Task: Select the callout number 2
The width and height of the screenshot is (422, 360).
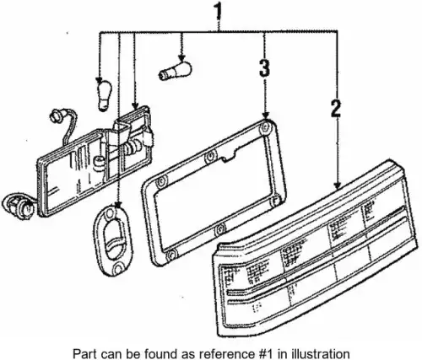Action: tap(336, 108)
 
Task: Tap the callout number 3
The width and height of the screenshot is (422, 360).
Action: tap(264, 67)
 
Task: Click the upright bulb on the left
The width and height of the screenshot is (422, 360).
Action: tap(105, 95)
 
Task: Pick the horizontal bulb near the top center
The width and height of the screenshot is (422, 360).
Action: tap(175, 70)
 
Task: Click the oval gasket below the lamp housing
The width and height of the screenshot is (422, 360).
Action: tap(112, 241)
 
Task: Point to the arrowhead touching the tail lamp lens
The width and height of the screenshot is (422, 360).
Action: tap(338, 185)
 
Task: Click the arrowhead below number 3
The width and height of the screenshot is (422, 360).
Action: tap(265, 115)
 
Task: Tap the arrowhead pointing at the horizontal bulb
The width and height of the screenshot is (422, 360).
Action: tap(182, 58)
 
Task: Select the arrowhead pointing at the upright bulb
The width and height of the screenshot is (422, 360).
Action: tap(99, 79)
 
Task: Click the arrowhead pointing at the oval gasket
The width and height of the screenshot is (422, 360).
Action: tap(118, 204)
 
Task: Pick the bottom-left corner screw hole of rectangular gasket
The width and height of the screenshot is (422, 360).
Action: tap(170, 255)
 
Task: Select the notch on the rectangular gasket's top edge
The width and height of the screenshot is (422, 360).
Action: tap(229, 159)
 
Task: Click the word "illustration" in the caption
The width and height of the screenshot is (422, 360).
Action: tap(320, 353)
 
